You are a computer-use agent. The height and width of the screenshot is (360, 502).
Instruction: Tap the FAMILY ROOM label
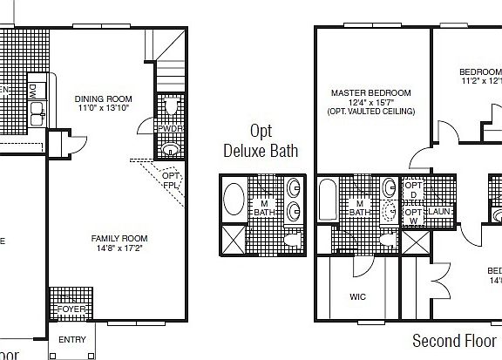pyautogui.click(x=119, y=238)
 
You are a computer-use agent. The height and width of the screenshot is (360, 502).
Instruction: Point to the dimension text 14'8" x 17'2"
pyautogui.click(x=119, y=248)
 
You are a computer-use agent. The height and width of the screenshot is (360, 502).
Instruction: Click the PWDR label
pyautogui.click(x=169, y=129)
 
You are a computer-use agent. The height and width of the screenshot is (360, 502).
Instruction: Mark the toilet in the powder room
pyautogui.click(x=171, y=107)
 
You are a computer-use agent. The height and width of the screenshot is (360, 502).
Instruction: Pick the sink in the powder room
pyautogui.click(x=171, y=149)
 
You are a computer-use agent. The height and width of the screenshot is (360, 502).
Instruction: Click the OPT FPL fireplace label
pyautogui.click(x=171, y=180)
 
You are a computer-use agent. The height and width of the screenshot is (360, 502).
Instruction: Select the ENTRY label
pyautogui.click(x=71, y=340)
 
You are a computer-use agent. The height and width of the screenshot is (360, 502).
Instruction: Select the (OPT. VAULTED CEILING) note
pyautogui.click(x=370, y=112)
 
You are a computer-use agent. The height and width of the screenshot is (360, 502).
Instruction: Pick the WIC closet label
pyautogui.click(x=357, y=297)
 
